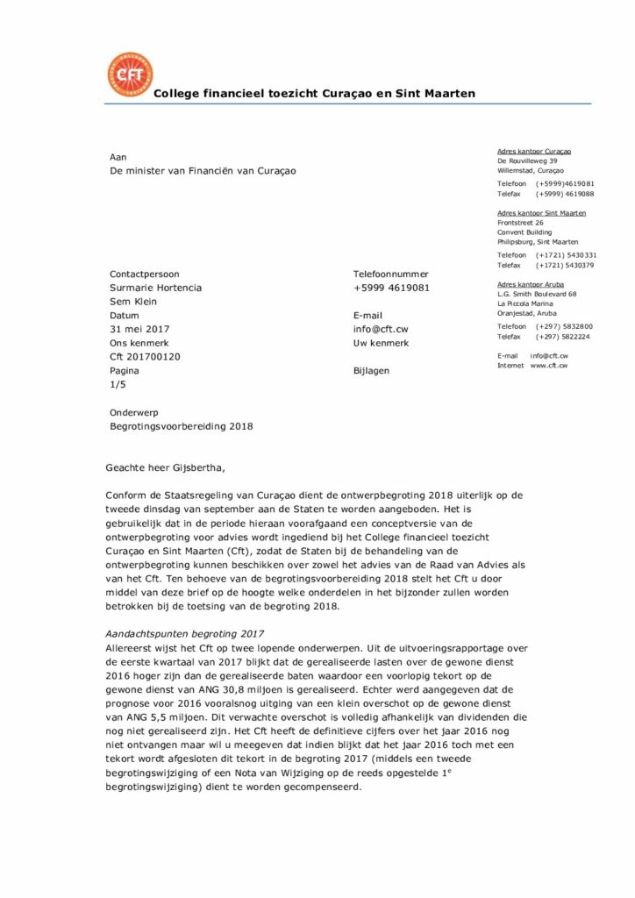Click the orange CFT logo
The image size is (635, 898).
click(x=129, y=74)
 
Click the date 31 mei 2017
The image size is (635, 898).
click(x=139, y=329)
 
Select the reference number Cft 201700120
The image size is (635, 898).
click(x=145, y=357)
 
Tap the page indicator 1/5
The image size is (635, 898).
click(x=118, y=384)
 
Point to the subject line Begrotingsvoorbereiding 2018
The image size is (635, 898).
click(x=181, y=426)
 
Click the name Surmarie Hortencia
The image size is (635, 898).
click(x=155, y=288)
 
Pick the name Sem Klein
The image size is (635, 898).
click(x=132, y=302)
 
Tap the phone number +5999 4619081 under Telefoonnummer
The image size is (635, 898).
click(x=391, y=288)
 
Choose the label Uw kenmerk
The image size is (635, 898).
click(x=381, y=343)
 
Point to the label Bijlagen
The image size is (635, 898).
click(x=372, y=370)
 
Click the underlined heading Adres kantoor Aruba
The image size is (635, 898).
click(x=531, y=284)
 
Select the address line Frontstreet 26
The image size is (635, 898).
click(x=520, y=223)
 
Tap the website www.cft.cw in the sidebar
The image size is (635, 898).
click(x=548, y=365)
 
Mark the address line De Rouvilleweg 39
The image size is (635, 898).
click(x=527, y=161)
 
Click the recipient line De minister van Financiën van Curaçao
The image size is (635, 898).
click(x=203, y=171)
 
